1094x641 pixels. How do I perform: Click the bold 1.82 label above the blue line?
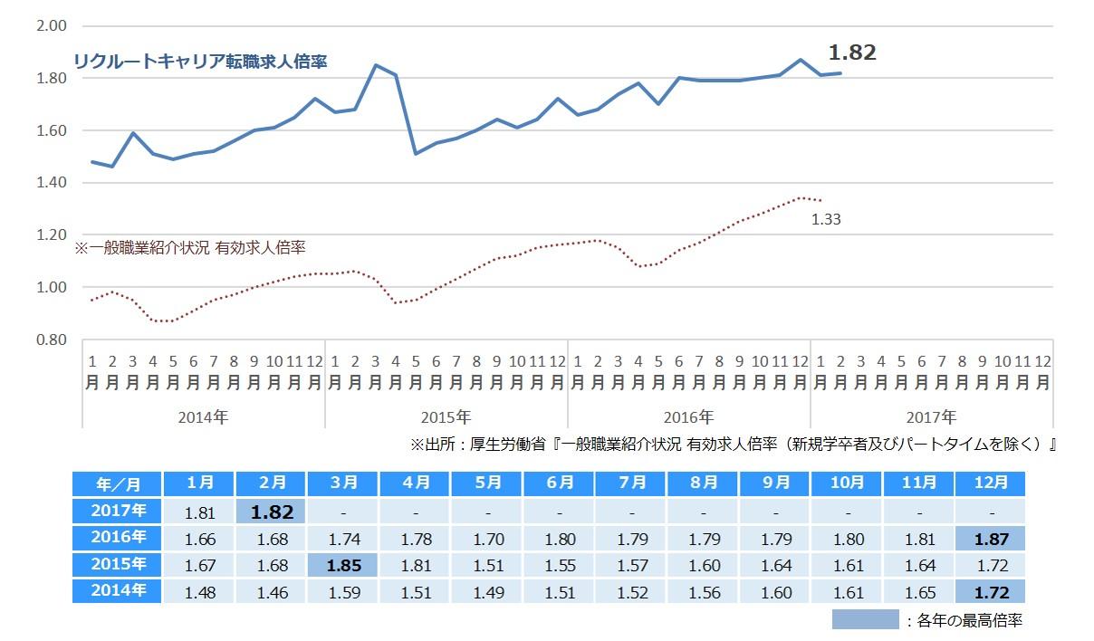pos(852,53)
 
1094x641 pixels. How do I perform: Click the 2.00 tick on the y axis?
pos(52,26)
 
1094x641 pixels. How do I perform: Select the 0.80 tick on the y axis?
pos(52,340)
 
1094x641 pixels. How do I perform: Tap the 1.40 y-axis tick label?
pos(52,183)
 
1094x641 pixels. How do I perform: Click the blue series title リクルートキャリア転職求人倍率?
pos(200,62)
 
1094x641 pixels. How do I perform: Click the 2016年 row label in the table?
pos(117,539)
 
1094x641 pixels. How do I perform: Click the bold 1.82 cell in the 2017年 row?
pos(271,512)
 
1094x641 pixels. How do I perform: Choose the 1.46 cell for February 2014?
pos(271,593)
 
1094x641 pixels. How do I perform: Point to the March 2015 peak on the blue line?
pos(375,65)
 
